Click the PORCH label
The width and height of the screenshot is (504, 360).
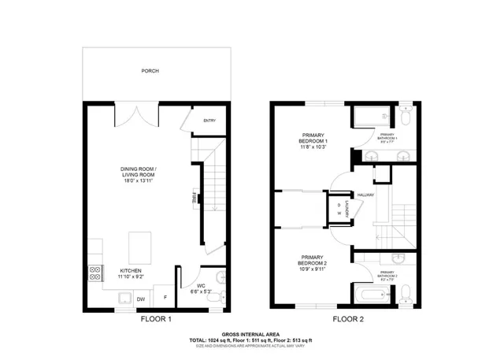150,71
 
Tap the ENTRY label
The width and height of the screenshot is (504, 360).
209,121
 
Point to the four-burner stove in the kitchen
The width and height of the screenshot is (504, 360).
95,273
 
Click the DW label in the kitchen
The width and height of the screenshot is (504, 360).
141,299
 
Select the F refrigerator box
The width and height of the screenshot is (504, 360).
165,299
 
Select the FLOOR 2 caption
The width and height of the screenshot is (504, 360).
347,320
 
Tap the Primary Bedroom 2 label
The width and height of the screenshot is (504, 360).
311,264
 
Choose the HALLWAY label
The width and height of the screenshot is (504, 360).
365,195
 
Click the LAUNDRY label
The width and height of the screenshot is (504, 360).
347,210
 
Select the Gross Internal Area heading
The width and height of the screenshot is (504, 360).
251,334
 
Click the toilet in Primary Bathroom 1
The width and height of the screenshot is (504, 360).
405,119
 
